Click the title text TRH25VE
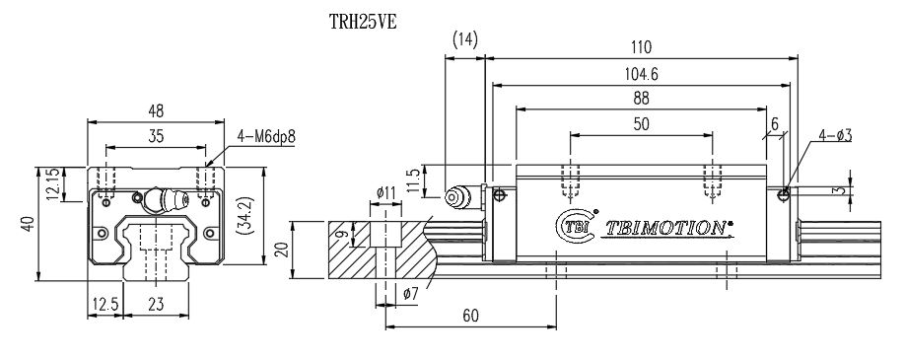coord(362,20)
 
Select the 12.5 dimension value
coord(103,305)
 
